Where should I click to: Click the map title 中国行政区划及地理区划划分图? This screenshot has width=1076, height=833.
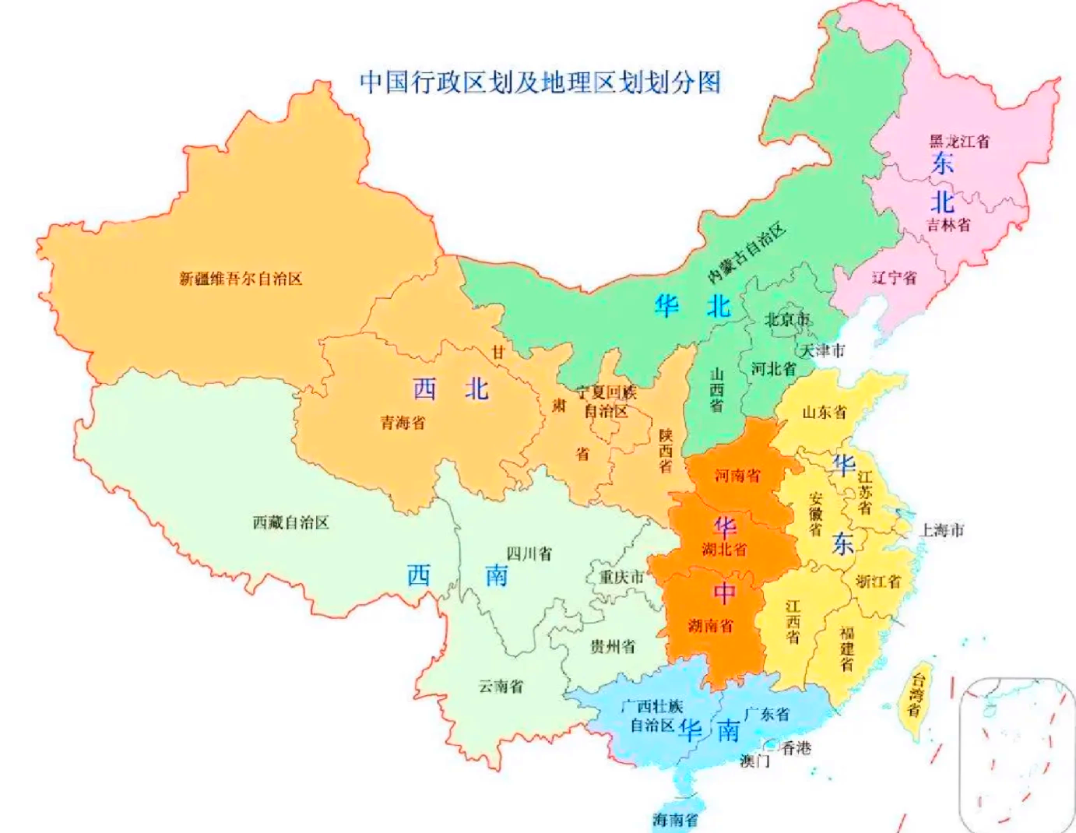coord(540,82)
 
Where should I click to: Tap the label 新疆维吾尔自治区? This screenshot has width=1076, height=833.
coord(241,279)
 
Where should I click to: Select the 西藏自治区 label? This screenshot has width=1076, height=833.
coord(290,522)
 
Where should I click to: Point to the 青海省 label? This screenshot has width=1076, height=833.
coord(403,423)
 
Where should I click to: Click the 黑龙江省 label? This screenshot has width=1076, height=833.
coord(959,142)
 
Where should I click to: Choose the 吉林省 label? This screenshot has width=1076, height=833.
coord(948,225)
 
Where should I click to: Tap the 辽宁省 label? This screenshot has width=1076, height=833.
coord(894,278)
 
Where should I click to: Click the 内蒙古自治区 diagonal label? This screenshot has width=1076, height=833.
coord(747,253)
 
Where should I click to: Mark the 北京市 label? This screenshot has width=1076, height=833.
coord(787,319)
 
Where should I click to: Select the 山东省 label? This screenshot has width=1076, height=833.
coord(825,412)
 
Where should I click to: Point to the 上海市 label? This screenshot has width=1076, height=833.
coord(942,530)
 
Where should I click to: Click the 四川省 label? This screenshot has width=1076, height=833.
coord(529,554)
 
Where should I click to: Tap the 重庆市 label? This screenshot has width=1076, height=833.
coord(621,577)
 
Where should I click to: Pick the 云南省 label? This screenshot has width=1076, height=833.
coord(501,687)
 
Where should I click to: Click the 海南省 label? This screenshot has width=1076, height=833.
coord(675,820)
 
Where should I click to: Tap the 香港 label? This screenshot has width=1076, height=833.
coord(796,747)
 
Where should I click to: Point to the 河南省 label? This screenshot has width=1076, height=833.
coord(737,475)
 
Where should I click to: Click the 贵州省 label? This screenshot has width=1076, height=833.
coord(612,646)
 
